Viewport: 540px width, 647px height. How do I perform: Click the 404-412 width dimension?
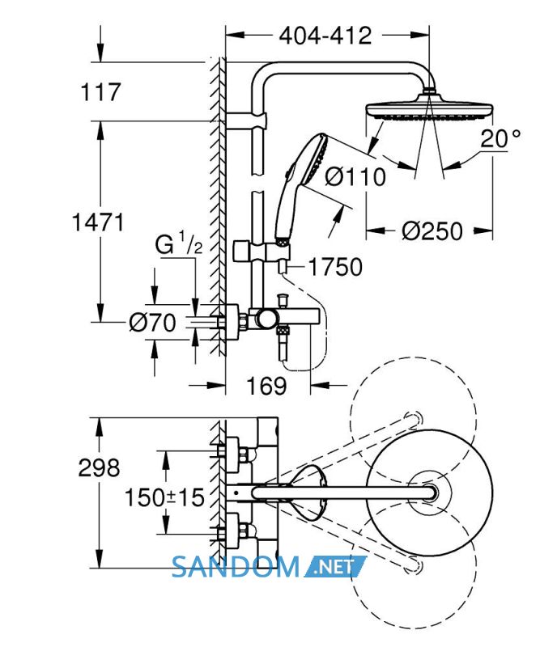pos(325,36)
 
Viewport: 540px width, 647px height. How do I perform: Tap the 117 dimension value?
pos(100,91)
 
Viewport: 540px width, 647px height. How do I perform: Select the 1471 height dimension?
pos(98,222)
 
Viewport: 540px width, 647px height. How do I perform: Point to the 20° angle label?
pos(500,138)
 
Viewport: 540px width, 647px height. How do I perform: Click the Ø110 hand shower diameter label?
pos(355,176)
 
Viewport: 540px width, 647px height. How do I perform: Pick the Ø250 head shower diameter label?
pos(432,230)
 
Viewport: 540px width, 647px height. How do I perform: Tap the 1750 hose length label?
pos(335,267)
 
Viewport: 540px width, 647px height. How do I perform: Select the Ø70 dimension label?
pos(152,322)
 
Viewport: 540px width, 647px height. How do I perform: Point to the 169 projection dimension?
pos(266,386)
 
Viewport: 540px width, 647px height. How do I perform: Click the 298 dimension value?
pos(99,467)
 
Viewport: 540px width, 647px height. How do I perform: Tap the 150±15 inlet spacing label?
pos(164,497)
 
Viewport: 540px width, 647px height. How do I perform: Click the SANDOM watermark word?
pos(236,567)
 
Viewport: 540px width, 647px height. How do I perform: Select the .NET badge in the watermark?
pos(335,567)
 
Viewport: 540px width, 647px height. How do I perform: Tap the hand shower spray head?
pos(316,159)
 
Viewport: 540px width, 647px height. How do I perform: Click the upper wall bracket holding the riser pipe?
pos(246,121)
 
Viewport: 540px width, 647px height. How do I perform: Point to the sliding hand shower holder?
pos(261,251)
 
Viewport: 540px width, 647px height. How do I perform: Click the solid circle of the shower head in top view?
pos(429,493)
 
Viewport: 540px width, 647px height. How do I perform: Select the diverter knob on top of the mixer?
pos(283,299)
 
